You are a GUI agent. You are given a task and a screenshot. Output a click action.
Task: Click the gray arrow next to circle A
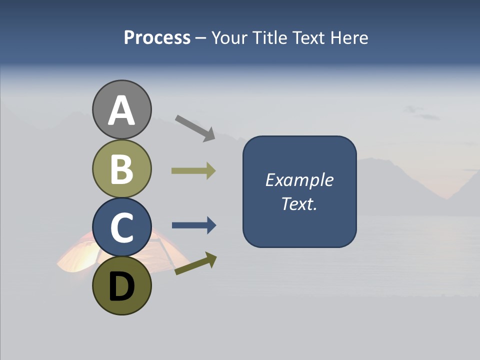195,128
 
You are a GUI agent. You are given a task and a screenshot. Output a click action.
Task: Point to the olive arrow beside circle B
193,171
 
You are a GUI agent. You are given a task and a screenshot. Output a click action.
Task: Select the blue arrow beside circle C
194,225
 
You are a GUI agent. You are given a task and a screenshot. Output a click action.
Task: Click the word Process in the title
157,37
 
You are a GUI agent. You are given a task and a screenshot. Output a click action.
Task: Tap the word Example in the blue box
299,180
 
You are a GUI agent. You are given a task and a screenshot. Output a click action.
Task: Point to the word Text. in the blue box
299,203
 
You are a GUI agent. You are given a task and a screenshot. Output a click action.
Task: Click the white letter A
121,110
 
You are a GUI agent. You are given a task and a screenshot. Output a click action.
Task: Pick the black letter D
121,287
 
